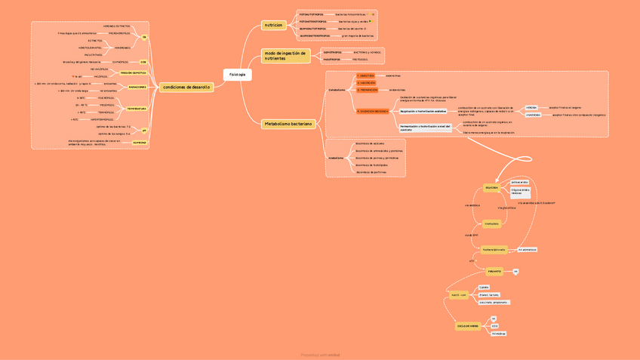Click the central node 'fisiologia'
point(237,75)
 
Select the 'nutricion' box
point(273,25)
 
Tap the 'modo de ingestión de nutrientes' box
point(285,56)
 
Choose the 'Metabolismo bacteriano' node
point(288,124)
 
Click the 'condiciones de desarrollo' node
point(186,88)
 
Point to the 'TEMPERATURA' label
point(137,109)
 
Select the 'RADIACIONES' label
point(137,87)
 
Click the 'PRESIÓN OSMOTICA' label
point(134,73)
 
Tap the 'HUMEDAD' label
point(140,142)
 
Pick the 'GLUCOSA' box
point(491,187)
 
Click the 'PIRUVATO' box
point(494,272)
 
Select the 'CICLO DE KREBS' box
point(467,326)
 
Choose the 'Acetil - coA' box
point(458,295)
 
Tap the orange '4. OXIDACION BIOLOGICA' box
point(372,111)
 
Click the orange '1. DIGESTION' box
point(367,76)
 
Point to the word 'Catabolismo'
point(337,90)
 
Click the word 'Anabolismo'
point(336,158)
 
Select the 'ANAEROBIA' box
point(533,115)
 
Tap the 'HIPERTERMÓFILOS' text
point(103,119)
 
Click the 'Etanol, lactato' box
point(489,295)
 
